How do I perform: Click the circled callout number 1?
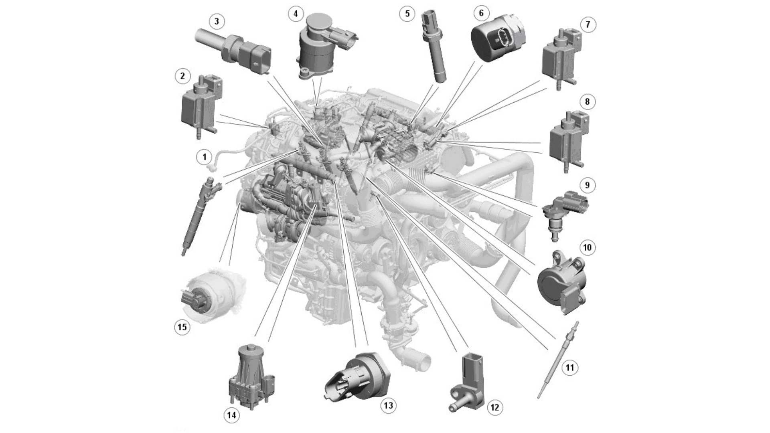204,157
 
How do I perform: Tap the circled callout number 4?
296,14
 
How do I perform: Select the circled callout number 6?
481,13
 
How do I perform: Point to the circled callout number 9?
588,185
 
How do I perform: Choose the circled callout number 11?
570,367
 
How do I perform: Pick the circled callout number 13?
388,405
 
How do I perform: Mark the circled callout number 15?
182,327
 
